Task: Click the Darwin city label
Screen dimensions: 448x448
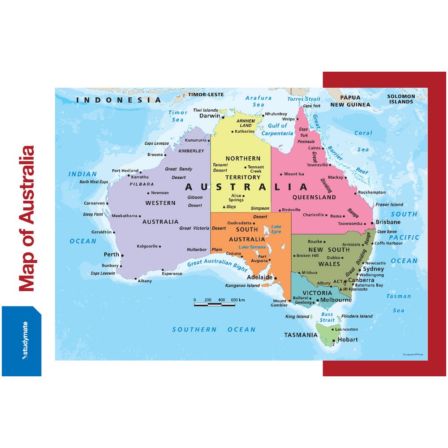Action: click(x=210, y=116)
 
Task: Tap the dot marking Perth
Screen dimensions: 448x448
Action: click(x=122, y=256)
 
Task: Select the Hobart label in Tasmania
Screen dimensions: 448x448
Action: click(x=348, y=340)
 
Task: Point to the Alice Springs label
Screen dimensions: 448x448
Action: click(x=236, y=198)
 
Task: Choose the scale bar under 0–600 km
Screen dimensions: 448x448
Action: click(x=214, y=305)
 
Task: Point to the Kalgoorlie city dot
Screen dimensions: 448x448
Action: click(x=160, y=246)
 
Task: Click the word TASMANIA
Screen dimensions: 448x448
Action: click(x=301, y=335)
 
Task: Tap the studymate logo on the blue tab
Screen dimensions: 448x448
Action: click(x=22, y=341)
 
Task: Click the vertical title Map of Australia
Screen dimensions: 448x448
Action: click(x=26, y=218)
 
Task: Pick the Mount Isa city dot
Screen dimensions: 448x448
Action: click(x=280, y=174)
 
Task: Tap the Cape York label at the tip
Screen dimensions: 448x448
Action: click(x=312, y=106)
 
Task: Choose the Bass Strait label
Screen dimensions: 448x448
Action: click(x=327, y=317)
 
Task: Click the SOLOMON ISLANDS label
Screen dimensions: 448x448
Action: click(x=401, y=99)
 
